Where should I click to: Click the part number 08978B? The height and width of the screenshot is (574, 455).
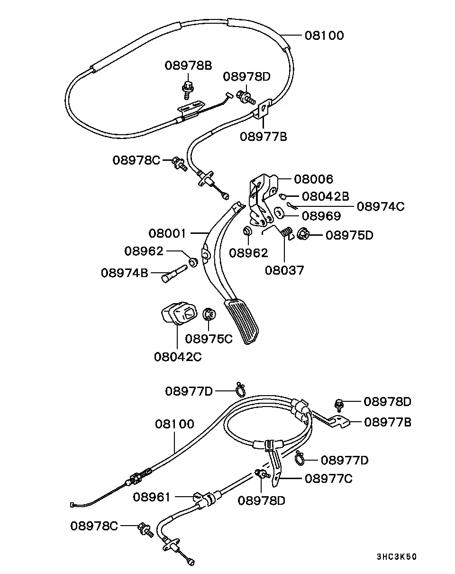point(188,65)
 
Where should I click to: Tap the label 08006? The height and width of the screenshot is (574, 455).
point(313,179)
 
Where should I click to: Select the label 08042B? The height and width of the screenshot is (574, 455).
point(325,196)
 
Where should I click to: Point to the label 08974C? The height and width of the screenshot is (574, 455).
point(381,206)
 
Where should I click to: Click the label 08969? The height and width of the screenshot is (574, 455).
point(321,216)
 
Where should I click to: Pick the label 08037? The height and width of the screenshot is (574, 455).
point(284,270)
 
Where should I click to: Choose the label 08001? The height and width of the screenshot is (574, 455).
point(167,233)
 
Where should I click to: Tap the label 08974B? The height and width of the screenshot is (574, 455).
point(124,273)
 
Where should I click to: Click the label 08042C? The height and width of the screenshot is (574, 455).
point(178,357)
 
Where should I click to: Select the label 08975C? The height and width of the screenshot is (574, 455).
point(209,339)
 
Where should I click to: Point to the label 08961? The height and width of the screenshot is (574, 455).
point(151,497)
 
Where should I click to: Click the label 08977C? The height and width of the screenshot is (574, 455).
point(328,479)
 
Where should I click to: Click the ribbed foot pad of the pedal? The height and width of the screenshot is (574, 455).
point(242,322)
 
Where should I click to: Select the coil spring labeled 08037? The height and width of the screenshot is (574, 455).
point(286,231)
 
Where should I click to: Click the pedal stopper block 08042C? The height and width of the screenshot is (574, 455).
point(179,313)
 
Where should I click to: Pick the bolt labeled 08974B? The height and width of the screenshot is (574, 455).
point(174,274)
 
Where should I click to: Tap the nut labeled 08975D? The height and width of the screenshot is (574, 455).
point(302,234)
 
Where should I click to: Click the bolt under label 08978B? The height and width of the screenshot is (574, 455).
point(188,90)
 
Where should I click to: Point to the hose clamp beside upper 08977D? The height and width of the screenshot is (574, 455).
point(241,390)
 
